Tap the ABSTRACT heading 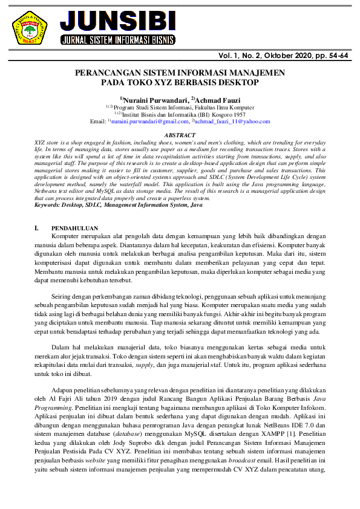tap(180, 135)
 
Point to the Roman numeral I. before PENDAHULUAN tap(38, 229)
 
